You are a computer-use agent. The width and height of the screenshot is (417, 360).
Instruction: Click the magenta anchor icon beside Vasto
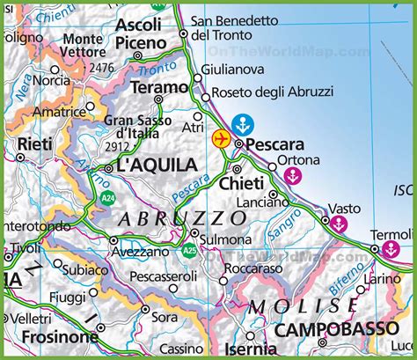(337, 224)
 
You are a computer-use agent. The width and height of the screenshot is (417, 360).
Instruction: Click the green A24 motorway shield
(106, 198)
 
